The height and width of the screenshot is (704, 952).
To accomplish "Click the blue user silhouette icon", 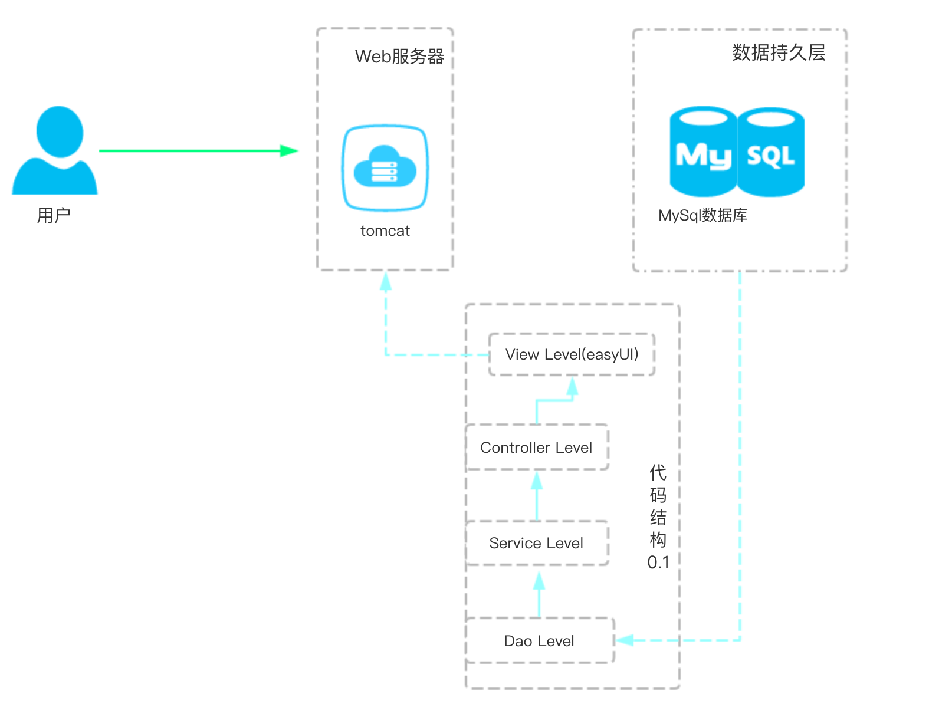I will tap(55, 150).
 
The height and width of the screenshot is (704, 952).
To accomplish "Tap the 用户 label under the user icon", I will tap(54, 215).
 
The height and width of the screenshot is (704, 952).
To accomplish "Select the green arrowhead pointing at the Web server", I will tap(289, 151).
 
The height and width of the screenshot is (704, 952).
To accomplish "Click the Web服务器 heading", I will tap(399, 57).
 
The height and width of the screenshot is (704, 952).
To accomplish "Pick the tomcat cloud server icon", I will tap(385, 167).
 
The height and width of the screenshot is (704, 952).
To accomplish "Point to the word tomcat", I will tap(385, 231).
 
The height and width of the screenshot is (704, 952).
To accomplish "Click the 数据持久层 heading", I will tap(779, 52).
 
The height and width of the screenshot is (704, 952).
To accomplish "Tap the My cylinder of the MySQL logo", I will tap(703, 152).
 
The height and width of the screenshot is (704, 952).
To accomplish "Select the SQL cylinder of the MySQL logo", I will tap(771, 152).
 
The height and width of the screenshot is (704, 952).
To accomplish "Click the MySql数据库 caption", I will tap(702, 215).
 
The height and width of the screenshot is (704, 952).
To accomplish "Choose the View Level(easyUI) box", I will tap(572, 354).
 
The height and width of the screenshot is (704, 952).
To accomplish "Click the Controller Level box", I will tap(536, 448).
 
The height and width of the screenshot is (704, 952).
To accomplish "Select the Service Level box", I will tap(536, 543).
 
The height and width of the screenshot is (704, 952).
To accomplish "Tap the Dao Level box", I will tap(539, 641).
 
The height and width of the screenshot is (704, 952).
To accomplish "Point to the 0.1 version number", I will tap(658, 562).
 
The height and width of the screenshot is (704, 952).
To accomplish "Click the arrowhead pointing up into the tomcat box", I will tap(386, 281).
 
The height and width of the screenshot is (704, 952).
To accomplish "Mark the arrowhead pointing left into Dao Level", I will tap(625, 640).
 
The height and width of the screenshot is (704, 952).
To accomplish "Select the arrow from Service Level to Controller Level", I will tap(537, 495).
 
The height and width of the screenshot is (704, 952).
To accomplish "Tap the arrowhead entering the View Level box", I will tap(572, 386).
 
